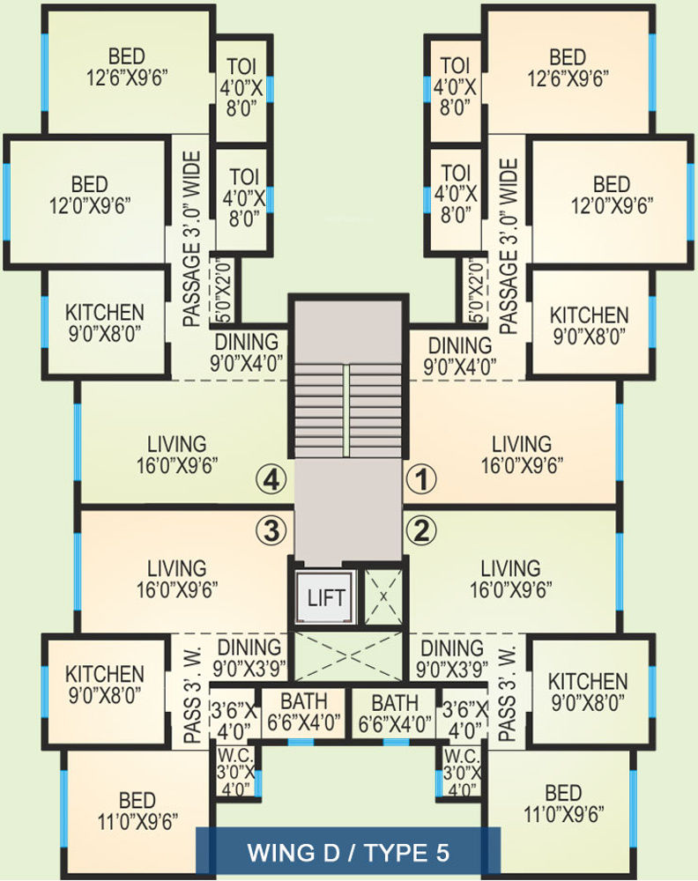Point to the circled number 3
tap(271, 530)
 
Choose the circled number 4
tap(271, 480)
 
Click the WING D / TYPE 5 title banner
tap(348, 853)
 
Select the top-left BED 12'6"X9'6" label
tap(127, 63)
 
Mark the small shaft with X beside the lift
tap(383, 596)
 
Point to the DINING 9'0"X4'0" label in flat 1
tap(458, 352)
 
